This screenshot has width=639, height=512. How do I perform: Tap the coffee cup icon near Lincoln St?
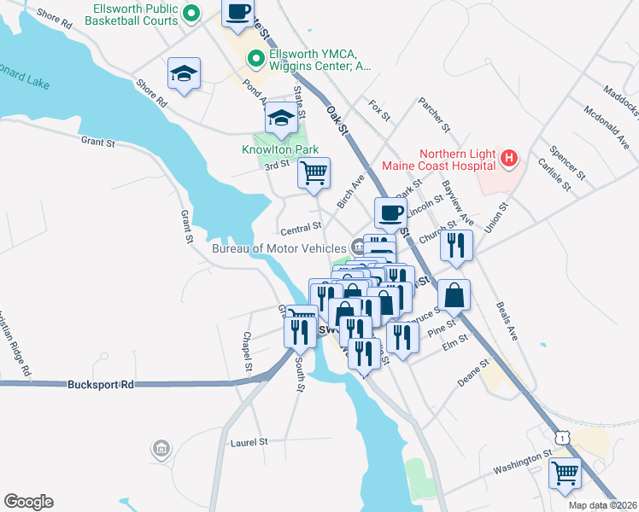pos(391,212)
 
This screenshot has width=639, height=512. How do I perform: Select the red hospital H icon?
pos(509,158)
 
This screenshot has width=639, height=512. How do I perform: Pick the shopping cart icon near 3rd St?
pos(314,172)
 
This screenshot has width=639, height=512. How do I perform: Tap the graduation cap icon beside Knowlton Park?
pos(280,119)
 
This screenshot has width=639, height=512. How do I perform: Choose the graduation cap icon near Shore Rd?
pos(184,73)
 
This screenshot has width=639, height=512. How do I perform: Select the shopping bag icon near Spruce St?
pos(455,295)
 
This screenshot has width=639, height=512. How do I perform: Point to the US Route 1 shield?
pos(560,436)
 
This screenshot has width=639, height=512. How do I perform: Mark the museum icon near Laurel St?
pos(160,448)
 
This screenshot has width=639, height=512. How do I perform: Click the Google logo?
pos(28,502)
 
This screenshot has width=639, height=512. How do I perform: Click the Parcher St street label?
pos(433,115)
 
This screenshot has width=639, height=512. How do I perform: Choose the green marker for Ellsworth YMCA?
pos(254,59)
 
